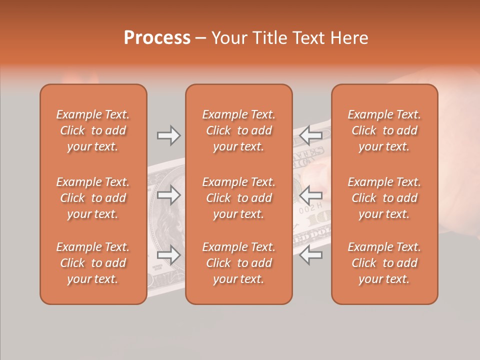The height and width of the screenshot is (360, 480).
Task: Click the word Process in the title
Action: [157, 38]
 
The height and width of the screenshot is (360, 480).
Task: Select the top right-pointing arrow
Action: [168, 135]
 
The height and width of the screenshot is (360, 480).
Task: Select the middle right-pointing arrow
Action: [168, 195]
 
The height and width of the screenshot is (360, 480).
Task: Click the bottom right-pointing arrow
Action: [168, 255]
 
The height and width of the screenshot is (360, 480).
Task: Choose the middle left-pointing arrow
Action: [311, 194]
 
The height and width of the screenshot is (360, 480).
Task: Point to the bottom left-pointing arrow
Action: [311, 254]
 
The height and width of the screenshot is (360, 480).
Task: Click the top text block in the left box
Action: [93, 130]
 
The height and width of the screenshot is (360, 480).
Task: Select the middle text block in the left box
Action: [93, 198]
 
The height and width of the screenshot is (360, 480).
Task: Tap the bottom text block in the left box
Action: [93, 263]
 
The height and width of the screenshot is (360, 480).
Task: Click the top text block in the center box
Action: [238, 130]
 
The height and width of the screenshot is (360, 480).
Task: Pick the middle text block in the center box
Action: [238, 198]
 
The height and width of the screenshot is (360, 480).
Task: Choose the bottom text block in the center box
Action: [238, 263]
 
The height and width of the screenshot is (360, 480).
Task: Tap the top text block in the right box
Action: [384, 130]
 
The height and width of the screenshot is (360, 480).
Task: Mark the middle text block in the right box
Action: [384, 198]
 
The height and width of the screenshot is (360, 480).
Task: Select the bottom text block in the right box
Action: [384, 263]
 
